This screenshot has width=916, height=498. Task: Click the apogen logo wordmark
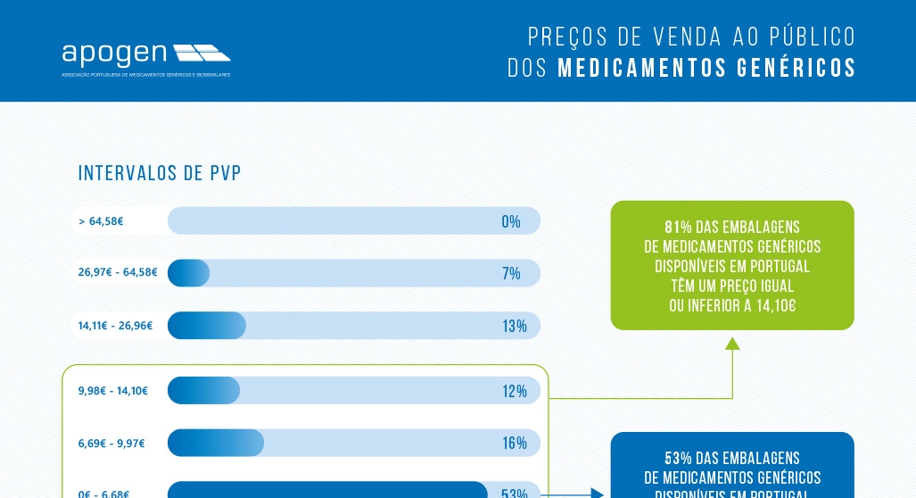pyautogui.click(x=114, y=54)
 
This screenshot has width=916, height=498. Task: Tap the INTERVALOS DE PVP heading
pyautogui.click(x=160, y=173)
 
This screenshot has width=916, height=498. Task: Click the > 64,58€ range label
pyautogui.click(x=101, y=221)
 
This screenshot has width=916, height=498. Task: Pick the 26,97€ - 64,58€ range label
pyautogui.click(x=118, y=273)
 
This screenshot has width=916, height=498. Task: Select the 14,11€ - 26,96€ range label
pyautogui.click(x=115, y=326)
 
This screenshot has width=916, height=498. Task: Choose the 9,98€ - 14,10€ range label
pyautogui.click(x=112, y=391)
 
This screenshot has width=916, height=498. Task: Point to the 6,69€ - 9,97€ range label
pyautogui.click(x=111, y=443)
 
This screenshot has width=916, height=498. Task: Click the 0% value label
pyautogui.click(x=511, y=221)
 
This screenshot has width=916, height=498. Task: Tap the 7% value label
pyautogui.click(x=511, y=273)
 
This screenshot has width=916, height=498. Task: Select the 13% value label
pyautogui.click(x=514, y=326)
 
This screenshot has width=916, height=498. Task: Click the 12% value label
pyautogui.click(x=514, y=391)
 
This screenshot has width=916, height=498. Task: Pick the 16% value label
pyautogui.click(x=514, y=443)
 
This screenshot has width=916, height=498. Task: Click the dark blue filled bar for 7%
pyautogui.click(x=188, y=273)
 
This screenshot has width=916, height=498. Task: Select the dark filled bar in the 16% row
pyautogui.click(x=215, y=443)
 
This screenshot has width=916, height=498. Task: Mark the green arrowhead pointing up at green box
pyautogui.click(x=732, y=343)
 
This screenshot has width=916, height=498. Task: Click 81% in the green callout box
pyautogui.click(x=678, y=227)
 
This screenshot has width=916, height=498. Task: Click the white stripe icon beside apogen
pyautogui.click(x=202, y=53)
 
